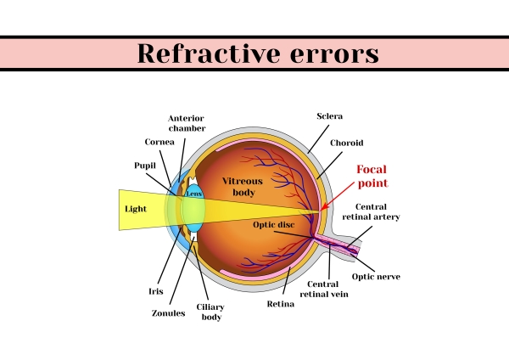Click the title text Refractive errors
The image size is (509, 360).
coord(257,53)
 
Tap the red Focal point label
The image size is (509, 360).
coord(372,176)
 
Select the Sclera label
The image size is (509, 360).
coord(329,115)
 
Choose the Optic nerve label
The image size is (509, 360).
coord(376,277)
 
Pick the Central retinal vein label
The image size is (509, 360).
coord(328,289)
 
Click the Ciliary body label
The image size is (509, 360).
coord(210,312)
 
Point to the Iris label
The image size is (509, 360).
coord(156,290)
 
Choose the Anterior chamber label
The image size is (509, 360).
coord(187,123)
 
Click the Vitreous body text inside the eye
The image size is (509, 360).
coord(243,187)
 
